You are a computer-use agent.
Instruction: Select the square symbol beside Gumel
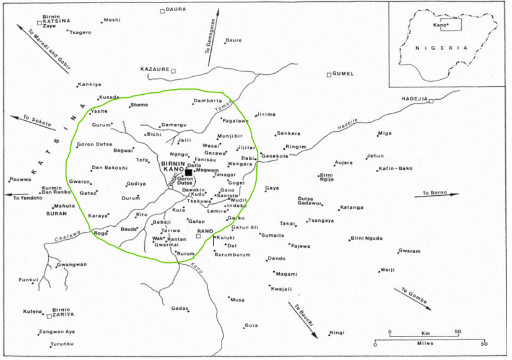coord(329,75)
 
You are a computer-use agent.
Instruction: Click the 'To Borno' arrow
coord(441,195)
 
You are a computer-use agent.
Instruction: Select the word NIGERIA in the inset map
coord(441,48)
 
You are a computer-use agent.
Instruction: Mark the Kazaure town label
coord(155,69)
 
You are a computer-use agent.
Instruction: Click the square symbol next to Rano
coord(198,236)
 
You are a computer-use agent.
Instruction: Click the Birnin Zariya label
coord(61,312)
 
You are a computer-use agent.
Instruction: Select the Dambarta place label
coord(207,100)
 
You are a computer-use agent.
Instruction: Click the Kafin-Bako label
coord(397,169)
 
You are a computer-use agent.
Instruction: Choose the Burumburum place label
coord(232,255)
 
